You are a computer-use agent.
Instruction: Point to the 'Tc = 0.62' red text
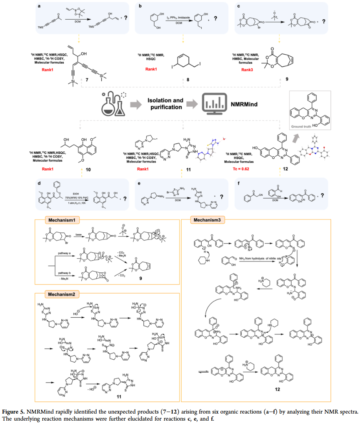(238, 169)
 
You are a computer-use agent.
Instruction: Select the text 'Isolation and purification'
(165, 103)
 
